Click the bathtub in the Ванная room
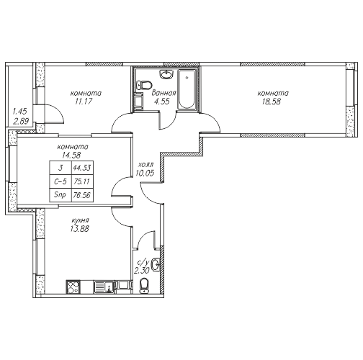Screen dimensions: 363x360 click(187, 89)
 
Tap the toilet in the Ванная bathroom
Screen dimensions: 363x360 click(144, 86)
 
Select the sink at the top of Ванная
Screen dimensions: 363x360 click(166, 74)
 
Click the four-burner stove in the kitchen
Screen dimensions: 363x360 click(73, 287)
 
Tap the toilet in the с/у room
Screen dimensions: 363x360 click(144, 286)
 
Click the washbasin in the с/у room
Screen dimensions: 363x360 click(156, 264)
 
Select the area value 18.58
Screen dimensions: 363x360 click(272, 102)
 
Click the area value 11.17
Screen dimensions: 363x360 click(84, 102)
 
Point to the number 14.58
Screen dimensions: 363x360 click(71, 156)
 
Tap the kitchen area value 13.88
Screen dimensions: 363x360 click(80, 229)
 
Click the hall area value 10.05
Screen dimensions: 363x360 click(145, 173)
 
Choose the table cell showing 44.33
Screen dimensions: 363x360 click(82, 167)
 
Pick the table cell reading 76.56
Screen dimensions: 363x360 click(82, 195)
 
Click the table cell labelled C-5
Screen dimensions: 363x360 click(60, 181)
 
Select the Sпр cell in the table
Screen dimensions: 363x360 click(60, 195)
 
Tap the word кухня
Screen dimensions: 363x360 click(81, 220)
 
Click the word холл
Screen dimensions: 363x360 click(145, 165)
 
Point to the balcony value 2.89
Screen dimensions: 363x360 click(21, 122)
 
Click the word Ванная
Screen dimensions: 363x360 click(164, 93)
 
